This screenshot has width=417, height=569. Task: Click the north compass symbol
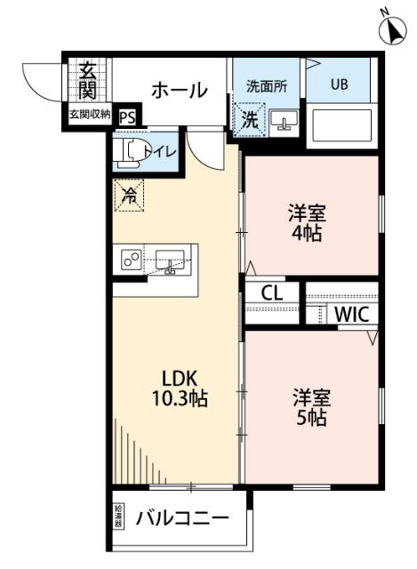[x=391, y=29]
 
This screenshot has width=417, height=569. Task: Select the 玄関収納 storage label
[x=90, y=114]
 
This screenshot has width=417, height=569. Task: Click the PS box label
[x=126, y=116]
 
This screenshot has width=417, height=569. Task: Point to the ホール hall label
[x=178, y=90]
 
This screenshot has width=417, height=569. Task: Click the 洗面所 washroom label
[x=267, y=86]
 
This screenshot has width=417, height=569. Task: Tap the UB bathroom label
[x=340, y=85]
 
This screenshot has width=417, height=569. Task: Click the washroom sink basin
[x=284, y=121]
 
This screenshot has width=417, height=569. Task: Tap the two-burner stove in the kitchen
[x=132, y=260]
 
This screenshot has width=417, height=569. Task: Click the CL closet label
[x=272, y=293]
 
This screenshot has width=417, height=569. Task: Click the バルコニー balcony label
[x=182, y=517]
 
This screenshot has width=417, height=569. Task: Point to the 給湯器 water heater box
[x=119, y=517]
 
